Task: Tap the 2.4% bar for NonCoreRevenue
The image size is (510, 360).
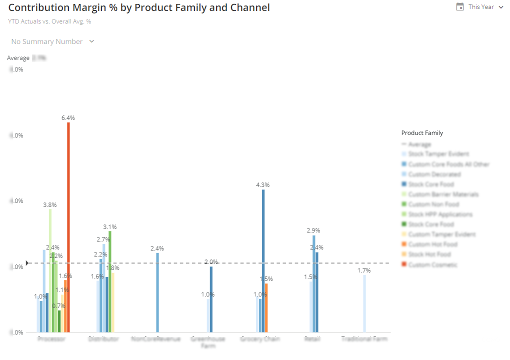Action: point(157,292)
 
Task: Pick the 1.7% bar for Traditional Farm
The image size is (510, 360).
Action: point(364,303)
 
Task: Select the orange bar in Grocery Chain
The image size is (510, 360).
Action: point(266,307)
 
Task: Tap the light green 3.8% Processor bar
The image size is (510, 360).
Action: point(50,270)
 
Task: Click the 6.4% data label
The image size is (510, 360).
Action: point(68,118)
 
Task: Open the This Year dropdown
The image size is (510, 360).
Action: point(485,7)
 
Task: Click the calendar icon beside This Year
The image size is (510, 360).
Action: point(460,7)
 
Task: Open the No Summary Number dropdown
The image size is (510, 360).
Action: point(52,41)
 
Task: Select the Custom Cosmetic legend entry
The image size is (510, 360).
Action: point(432,264)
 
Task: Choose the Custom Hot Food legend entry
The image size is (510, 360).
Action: point(432,244)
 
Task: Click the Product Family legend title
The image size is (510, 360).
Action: point(422,133)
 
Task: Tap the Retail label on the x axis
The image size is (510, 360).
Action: point(312,339)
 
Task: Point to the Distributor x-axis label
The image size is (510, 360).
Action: point(103,339)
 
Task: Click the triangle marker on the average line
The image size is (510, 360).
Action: point(28,263)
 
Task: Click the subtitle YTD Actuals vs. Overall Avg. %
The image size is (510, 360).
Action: point(49,21)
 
